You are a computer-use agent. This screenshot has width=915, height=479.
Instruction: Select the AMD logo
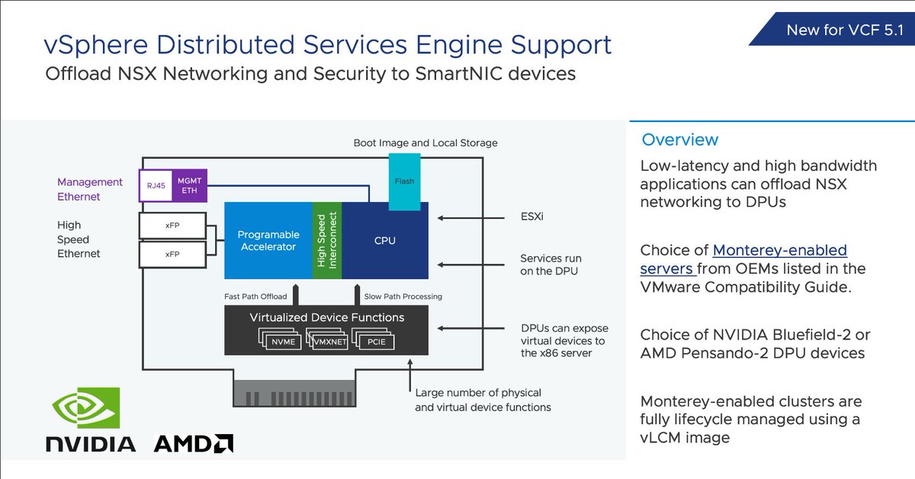click(194, 443)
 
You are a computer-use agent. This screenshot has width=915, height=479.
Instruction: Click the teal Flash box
click(404, 182)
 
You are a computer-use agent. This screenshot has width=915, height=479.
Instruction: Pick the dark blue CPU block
click(385, 241)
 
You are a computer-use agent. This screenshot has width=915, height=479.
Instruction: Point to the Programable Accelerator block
click(268, 241)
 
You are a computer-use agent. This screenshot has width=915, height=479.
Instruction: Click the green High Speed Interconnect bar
click(327, 241)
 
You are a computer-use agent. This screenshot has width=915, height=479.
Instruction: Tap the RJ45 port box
click(155, 185)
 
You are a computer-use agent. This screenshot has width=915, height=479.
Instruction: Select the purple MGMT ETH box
click(188, 185)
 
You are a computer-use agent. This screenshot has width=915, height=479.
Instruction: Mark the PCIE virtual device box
click(377, 342)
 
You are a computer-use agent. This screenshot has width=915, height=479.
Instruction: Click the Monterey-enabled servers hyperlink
click(743, 259)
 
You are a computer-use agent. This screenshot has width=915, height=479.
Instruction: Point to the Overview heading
click(679, 140)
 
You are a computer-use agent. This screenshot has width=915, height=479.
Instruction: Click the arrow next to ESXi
click(472, 217)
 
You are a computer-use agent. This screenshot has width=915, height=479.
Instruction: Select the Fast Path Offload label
click(256, 296)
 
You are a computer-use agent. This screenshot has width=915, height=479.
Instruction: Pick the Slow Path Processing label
click(403, 296)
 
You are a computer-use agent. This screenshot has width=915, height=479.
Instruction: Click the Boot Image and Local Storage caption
click(425, 143)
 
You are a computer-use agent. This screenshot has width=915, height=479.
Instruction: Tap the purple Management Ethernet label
click(90, 189)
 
